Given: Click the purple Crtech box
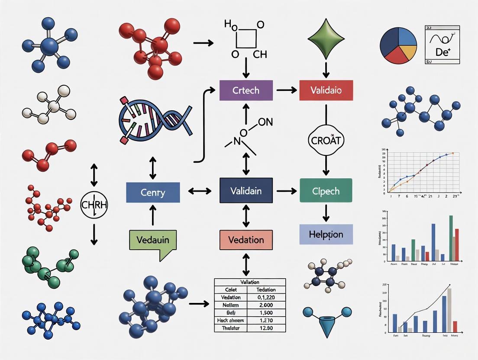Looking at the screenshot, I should (246, 90).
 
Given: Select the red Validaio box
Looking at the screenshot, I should (326, 90).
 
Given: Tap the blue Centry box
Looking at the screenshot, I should (153, 193).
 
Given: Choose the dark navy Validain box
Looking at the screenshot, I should (246, 190).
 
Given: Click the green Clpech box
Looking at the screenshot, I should (326, 190).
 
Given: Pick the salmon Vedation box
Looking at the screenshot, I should (246, 240).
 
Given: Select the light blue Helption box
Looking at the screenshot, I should (326, 235).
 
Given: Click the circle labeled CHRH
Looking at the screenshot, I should (94, 204).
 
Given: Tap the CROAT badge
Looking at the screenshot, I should (326, 141).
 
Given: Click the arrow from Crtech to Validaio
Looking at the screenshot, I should (286, 90).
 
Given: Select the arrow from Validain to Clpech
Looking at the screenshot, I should (286, 190).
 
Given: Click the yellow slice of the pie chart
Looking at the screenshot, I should (408, 53).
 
